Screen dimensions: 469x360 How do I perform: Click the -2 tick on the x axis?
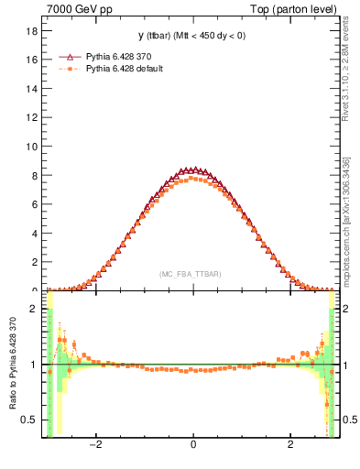tap(94, 446)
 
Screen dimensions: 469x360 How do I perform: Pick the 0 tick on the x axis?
tap(192, 446)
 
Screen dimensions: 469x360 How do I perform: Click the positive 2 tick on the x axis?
tap(290, 446)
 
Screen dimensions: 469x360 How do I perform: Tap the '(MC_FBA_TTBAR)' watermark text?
tap(191, 274)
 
